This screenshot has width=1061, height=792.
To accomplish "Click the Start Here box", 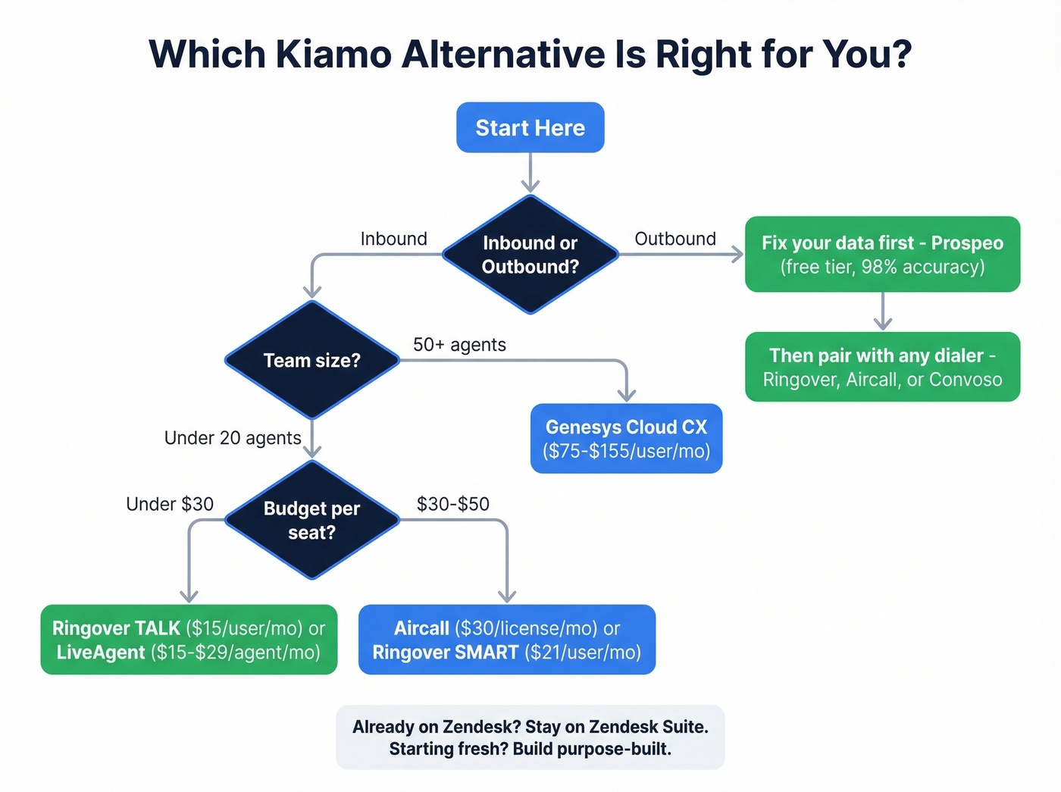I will [530, 127].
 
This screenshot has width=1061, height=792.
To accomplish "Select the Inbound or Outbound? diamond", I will [530, 255].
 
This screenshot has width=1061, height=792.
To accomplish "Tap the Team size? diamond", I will [311, 360].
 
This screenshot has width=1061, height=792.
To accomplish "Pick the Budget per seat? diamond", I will [311, 520].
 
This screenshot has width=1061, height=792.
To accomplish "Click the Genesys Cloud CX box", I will [626, 438].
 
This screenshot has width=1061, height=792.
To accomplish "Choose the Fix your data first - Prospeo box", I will [882, 254].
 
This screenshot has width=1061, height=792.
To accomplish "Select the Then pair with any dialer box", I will [882, 367].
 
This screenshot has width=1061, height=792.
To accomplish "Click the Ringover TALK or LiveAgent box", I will [189, 640].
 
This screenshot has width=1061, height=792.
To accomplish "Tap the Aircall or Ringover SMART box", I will [506, 640].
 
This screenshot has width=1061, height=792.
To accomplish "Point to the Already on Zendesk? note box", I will [530, 737].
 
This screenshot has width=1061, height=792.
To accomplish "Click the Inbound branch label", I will [393, 239].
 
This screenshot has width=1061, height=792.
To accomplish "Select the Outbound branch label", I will [674, 239].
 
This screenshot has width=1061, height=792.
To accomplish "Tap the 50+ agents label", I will [459, 345].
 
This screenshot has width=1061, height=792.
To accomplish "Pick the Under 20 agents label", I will [233, 438].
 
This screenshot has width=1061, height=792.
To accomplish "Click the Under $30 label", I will [170, 504].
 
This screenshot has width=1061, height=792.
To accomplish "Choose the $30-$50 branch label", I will [452, 504].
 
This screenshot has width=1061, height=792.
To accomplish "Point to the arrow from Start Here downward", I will [530, 173].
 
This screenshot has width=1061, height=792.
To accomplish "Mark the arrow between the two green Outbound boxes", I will [882, 311].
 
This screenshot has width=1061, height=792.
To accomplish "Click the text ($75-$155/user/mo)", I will [626, 452].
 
